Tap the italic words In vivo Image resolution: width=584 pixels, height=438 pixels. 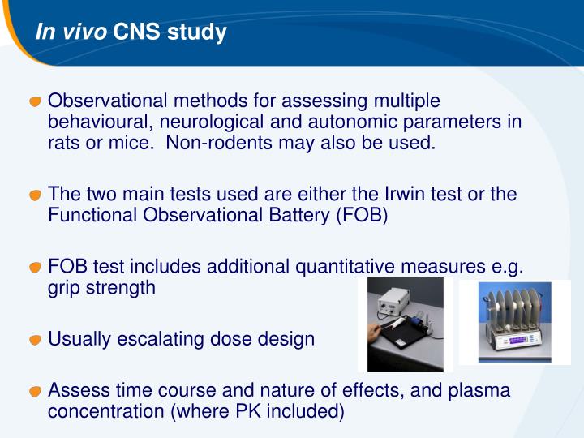click(71, 33)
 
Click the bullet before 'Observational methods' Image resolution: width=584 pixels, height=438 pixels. click(35, 102)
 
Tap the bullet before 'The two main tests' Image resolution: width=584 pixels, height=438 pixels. click(35, 196)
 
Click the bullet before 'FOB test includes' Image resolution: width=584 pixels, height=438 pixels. click(35, 268)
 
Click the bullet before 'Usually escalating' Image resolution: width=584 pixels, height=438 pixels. click(35, 340)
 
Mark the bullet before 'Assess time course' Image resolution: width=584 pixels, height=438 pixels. click(35, 392)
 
